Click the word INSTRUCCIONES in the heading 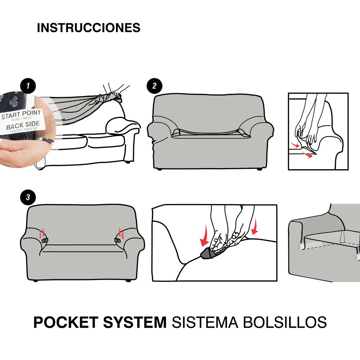click(89, 28)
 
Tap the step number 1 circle click(28, 86)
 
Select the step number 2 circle click(154, 86)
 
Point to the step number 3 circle click(28, 197)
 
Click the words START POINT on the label click(21, 114)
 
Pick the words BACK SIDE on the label click(23, 125)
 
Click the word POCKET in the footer click(66, 322)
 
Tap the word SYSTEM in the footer click(135, 322)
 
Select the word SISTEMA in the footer click(205, 322)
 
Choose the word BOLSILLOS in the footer click(285, 322)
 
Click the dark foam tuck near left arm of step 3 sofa click(45, 240)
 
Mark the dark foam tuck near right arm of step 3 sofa click(118, 240)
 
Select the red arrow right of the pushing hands click(255, 227)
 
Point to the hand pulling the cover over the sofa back click(116, 91)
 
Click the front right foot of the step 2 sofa click(260, 169)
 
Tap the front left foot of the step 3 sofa click(35, 280)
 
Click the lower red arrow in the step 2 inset click(307, 154)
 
